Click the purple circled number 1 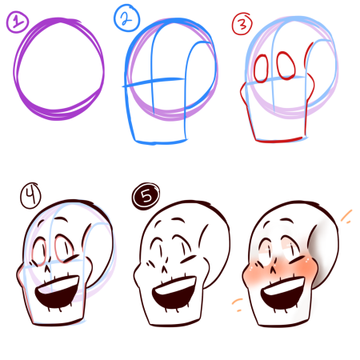pyautogui.click(x=17, y=22)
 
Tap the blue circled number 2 pyautogui.click(x=126, y=18)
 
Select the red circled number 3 pyautogui.click(x=242, y=24)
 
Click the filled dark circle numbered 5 pyautogui.click(x=146, y=196)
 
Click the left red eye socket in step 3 pyautogui.click(x=261, y=69)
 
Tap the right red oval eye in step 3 pyautogui.click(x=286, y=66)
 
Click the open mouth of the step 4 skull pyautogui.click(x=58, y=292)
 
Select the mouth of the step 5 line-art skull pyautogui.click(x=174, y=293)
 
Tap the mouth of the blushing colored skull pyautogui.click(x=282, y=293)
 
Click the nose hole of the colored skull pyautogui.click(x=274, y=270)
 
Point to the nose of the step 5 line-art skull pyautogui.click(x=164, y=270)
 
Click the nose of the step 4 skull pyautogui.click(x=47, y=268)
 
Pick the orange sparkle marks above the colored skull pyautogui.click(x=346, y=217)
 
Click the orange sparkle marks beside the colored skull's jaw pyautogui.click(x=238, y=305)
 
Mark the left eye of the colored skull pyautogui.click(x=266, y=253)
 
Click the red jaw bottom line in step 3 pyautogui.click(x=279, y=140)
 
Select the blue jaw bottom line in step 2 pyautogui.click(x=161, y=142)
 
